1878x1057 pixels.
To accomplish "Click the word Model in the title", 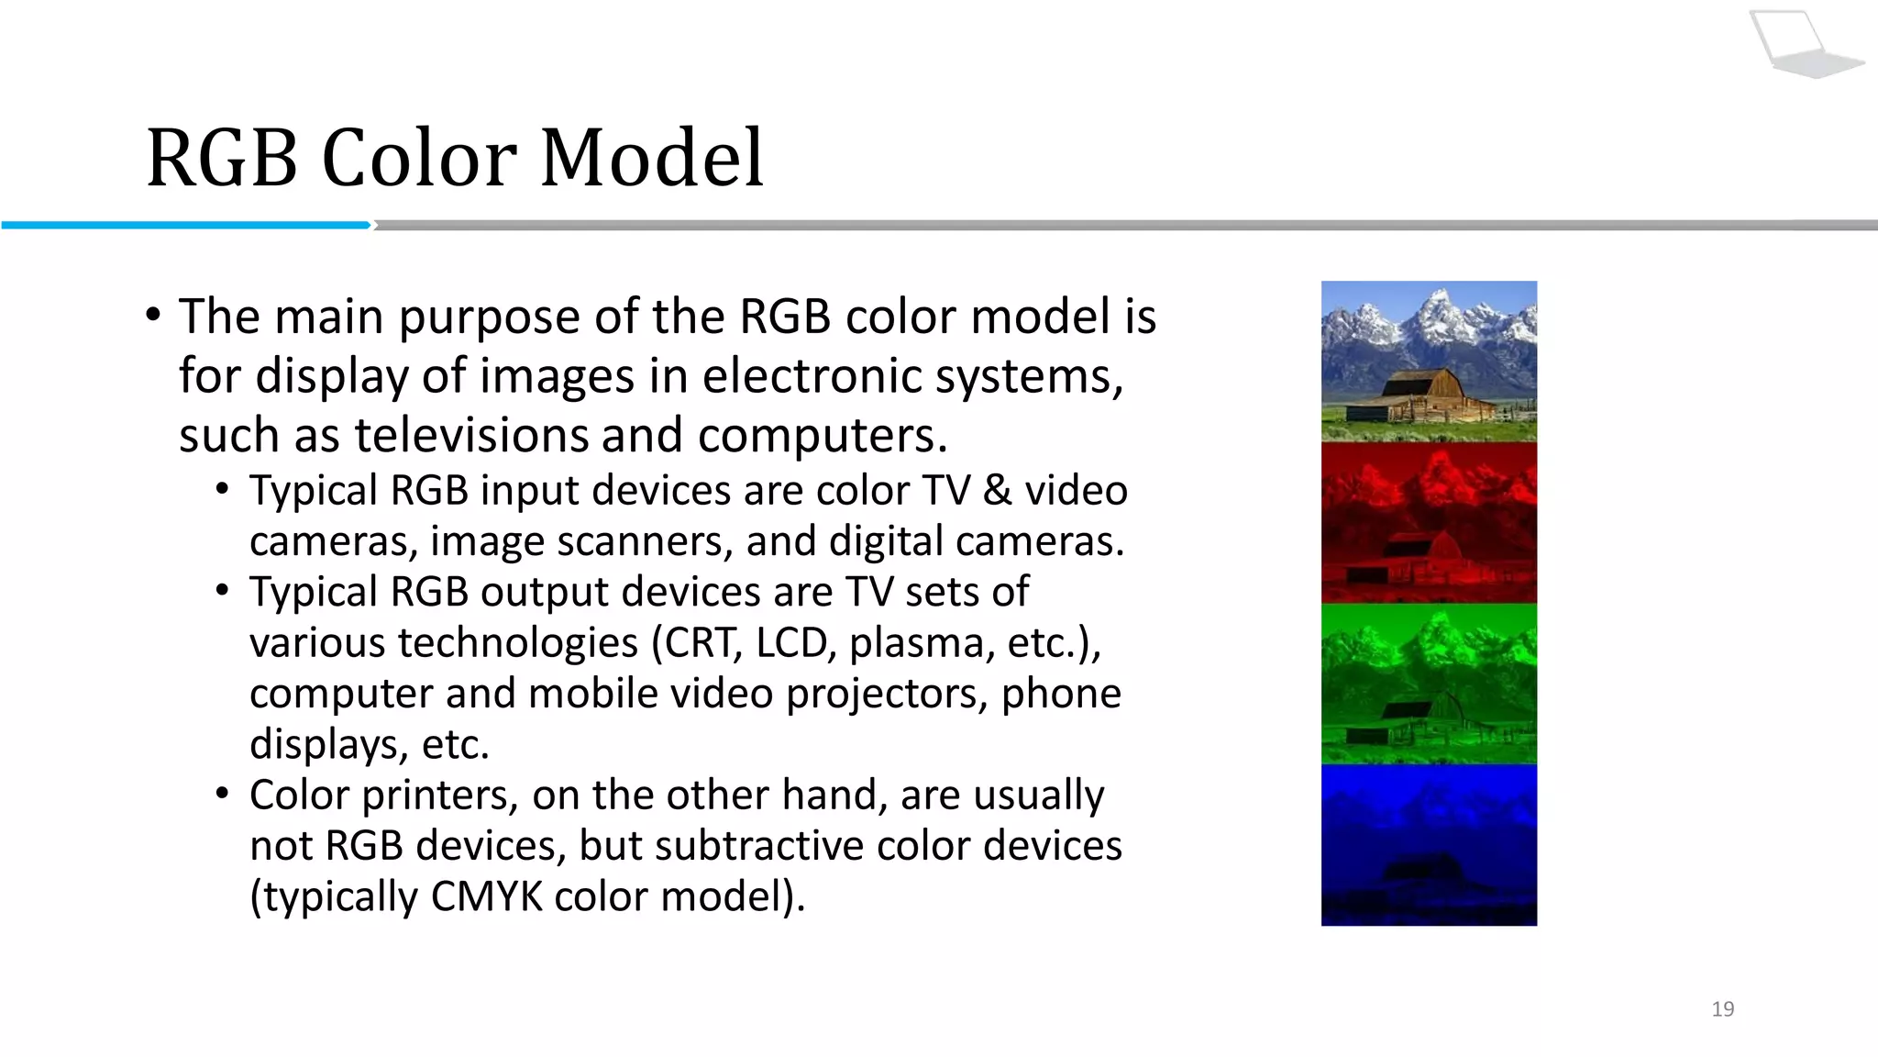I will point(652,158).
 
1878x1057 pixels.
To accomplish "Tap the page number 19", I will point(1722,1009).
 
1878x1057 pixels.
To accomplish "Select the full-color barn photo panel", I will point(1429,361).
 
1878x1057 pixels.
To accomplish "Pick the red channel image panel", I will point(1429,522).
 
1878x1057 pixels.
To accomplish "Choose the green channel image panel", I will point(1429,684).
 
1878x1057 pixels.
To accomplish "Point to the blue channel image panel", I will point(1429,845).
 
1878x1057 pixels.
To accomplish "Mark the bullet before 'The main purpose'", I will point(153,316).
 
